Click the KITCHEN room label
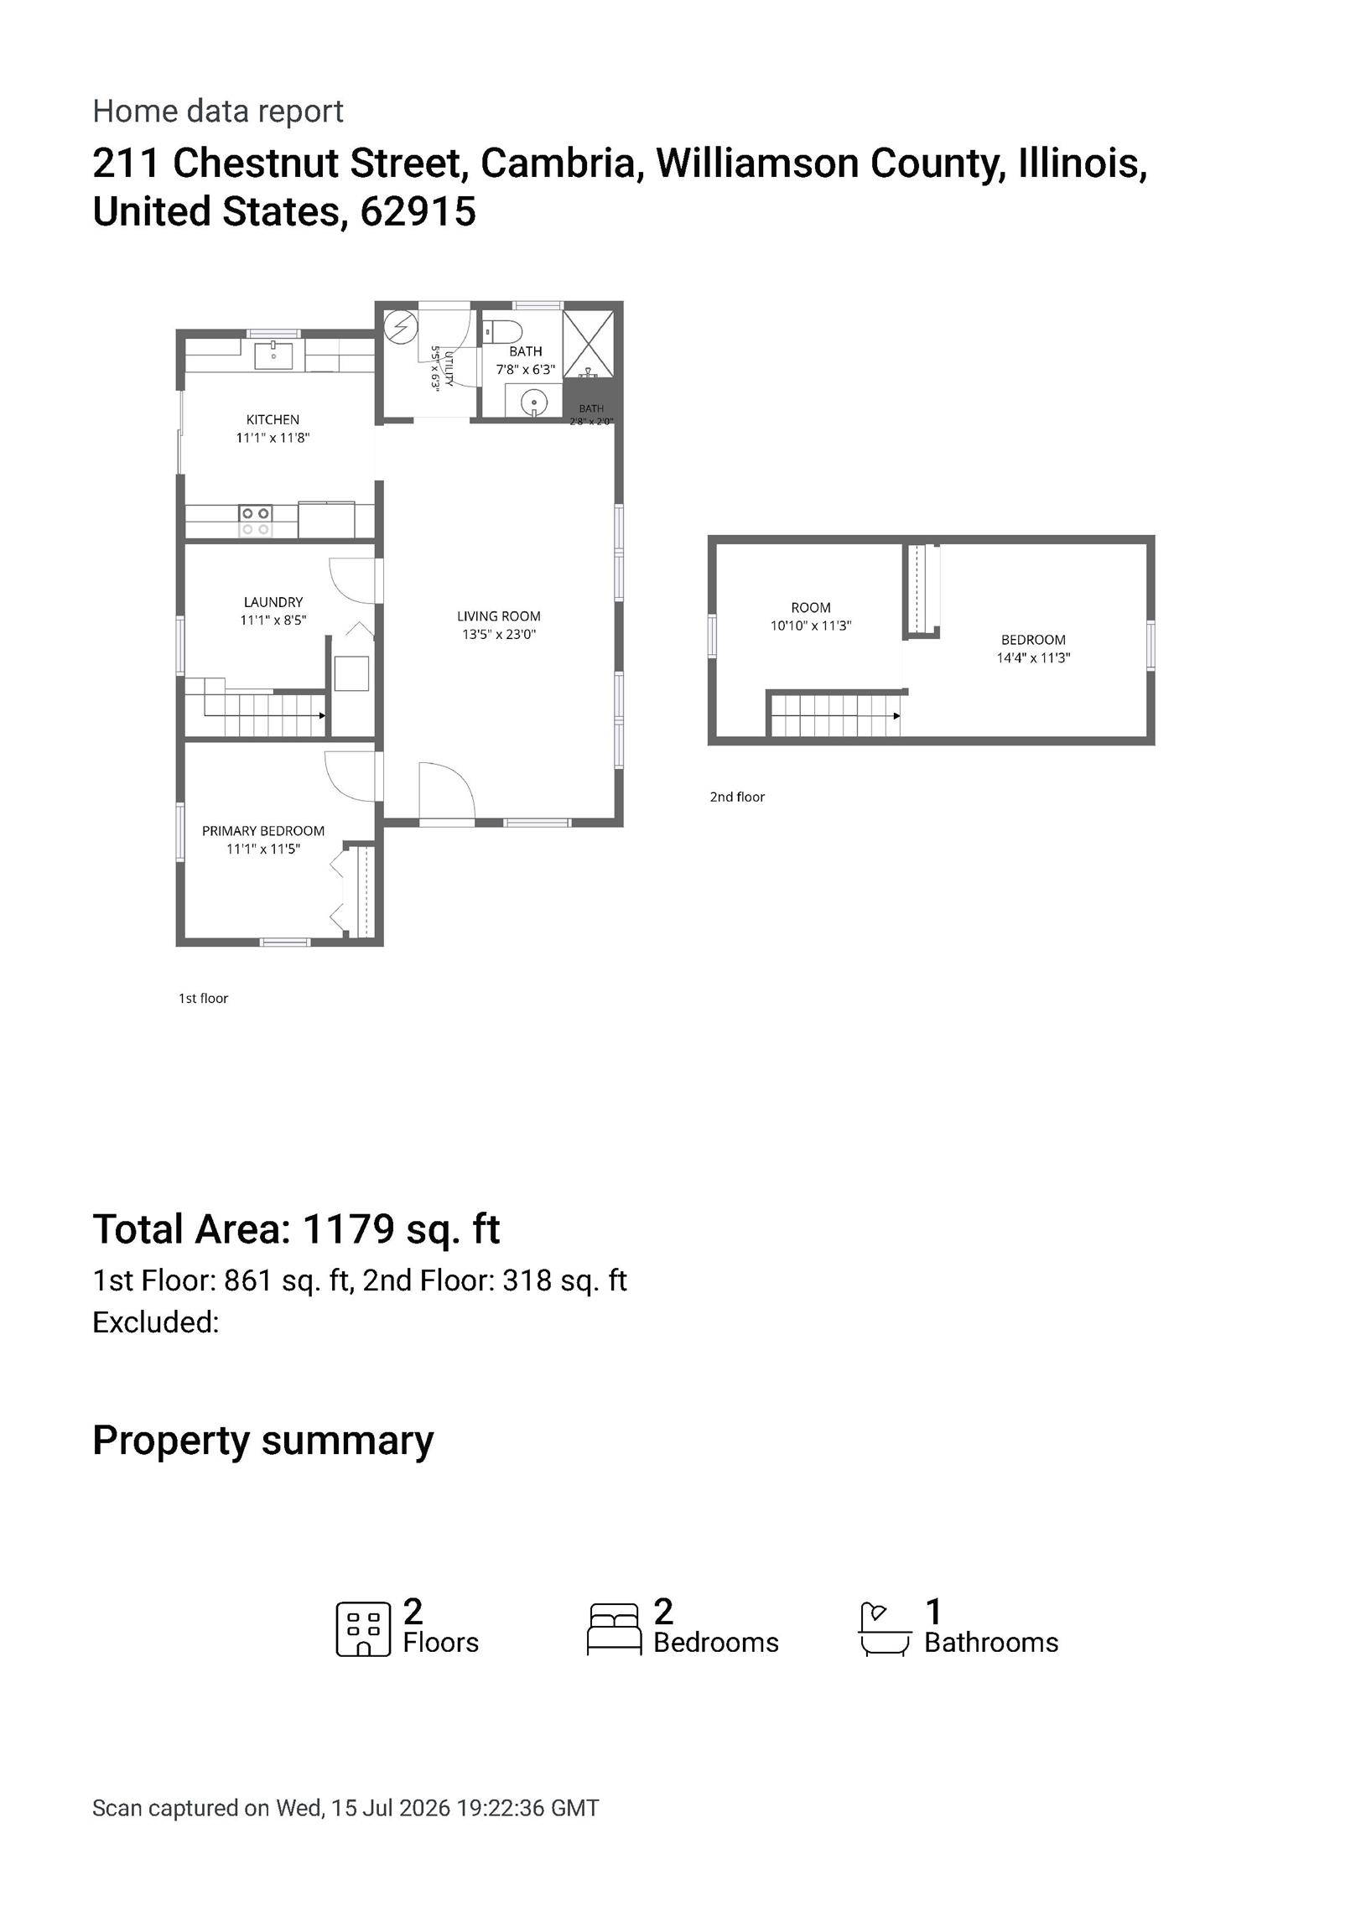coord(273,419)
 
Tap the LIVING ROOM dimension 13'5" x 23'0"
coord(499,635)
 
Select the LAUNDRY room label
coord(273,601)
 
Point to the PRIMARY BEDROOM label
coord(262,830)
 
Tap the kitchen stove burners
coord(255,521)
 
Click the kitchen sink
coord(273,355)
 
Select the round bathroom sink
coord(533,404)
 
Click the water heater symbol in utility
coord(400,325)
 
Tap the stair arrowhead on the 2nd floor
coord(896,716)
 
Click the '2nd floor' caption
coord(736,797)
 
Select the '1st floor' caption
coord(203,998)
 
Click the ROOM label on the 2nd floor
coord(811,608)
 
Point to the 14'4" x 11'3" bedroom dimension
coord(1034,658)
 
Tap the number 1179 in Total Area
coord(348,1229)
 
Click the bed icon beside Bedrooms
coord(614,1630)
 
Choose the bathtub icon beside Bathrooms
coord(884,1630)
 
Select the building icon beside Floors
coord(364,1630)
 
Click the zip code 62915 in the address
coord(418,211)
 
